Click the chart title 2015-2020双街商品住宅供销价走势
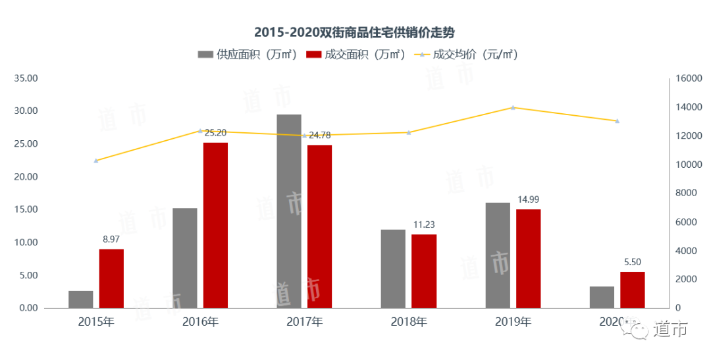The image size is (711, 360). click(355, 32)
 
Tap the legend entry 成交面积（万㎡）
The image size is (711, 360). click(355, 55)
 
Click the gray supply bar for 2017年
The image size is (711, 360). click(289, 211)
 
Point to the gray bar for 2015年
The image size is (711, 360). click(81, 299)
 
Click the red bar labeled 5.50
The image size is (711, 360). click(633, 290)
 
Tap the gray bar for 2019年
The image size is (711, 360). click(498, 255)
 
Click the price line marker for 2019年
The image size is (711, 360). click(513, 107)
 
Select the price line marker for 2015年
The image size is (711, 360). click(96, 161)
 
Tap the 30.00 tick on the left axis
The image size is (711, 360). click(27, 111)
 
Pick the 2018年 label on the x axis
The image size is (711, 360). click(409, 322)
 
